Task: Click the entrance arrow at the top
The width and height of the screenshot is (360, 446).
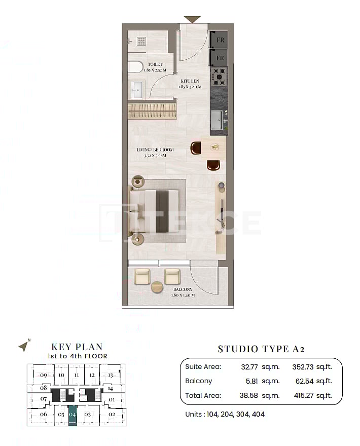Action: point(192,19)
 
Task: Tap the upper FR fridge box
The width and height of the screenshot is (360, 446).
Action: point(220,40)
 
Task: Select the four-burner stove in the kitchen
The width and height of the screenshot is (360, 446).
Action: point(219,77)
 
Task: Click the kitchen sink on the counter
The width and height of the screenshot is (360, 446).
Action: point(217,120)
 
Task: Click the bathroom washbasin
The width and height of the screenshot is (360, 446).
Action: point(137,90)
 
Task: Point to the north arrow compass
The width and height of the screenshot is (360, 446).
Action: point(23,346)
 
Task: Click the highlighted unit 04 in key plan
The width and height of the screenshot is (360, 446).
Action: point(73,414)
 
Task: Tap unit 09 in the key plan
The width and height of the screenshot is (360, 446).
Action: point(44,375)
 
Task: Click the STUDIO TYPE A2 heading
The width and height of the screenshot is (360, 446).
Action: point(261,349)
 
